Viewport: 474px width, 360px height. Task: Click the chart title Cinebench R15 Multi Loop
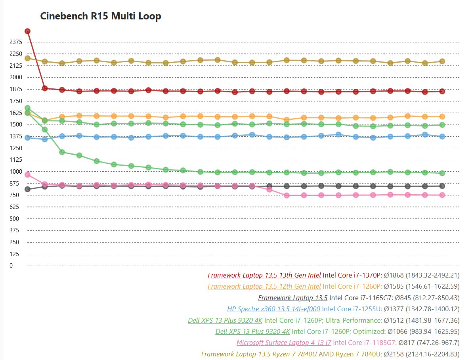[x=101, y=16]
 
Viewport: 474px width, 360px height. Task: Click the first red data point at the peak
[x=27, y=31]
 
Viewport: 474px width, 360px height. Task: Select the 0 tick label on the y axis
[x=11, y=266]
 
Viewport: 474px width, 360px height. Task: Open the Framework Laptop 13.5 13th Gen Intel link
[x=264, y=275]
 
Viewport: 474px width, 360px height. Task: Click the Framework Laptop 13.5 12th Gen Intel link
[x=264, y=286]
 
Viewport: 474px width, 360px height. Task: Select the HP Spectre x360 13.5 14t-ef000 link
[x=273, y=309]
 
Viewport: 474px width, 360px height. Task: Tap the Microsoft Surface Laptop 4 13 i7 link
[x=284, y=343]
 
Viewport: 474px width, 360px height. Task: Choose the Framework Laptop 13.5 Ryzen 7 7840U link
[x=259, y=354]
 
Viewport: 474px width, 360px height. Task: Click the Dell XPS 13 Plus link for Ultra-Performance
[x=225, y=320]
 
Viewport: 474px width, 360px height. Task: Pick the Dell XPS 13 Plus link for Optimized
[x=252, y=331]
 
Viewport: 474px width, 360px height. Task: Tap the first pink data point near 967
[x=27, y=174]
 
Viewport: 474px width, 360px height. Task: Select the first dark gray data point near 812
[x=27, y=189]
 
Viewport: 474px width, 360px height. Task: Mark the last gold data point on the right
[x=442, y=61]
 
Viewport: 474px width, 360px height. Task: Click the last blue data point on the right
[x=442, y=136]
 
